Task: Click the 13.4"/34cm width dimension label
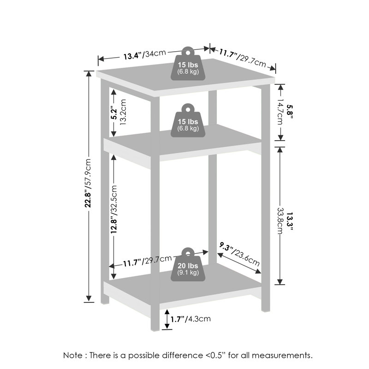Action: point(145,55)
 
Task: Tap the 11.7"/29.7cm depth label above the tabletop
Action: point(243,58)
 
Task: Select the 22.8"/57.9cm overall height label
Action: point(88,183)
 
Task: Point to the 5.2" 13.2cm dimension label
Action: point(119,112)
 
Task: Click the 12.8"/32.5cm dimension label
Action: point(114,209)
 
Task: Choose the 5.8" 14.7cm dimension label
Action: point(284,112)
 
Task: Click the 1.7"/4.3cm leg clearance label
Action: point(190,319)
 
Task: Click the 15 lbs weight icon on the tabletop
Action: point(188,64)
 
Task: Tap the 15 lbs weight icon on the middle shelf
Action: point(188,120)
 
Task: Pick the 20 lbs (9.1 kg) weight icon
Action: point(188,264)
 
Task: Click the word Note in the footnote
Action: point(73,355)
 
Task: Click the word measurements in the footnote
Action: point(282,355)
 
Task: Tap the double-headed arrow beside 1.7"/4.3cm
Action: point(167,319)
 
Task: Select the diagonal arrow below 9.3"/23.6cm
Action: point(239,263)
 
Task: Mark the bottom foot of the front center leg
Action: point(155,329)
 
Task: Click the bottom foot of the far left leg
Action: point(105,301)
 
